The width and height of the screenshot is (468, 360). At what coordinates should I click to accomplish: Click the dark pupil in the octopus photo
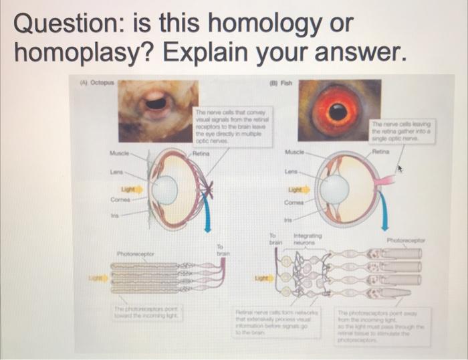(x=156, y=102)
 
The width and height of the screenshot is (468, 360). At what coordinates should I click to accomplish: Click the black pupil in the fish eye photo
(x=339, y=112)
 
